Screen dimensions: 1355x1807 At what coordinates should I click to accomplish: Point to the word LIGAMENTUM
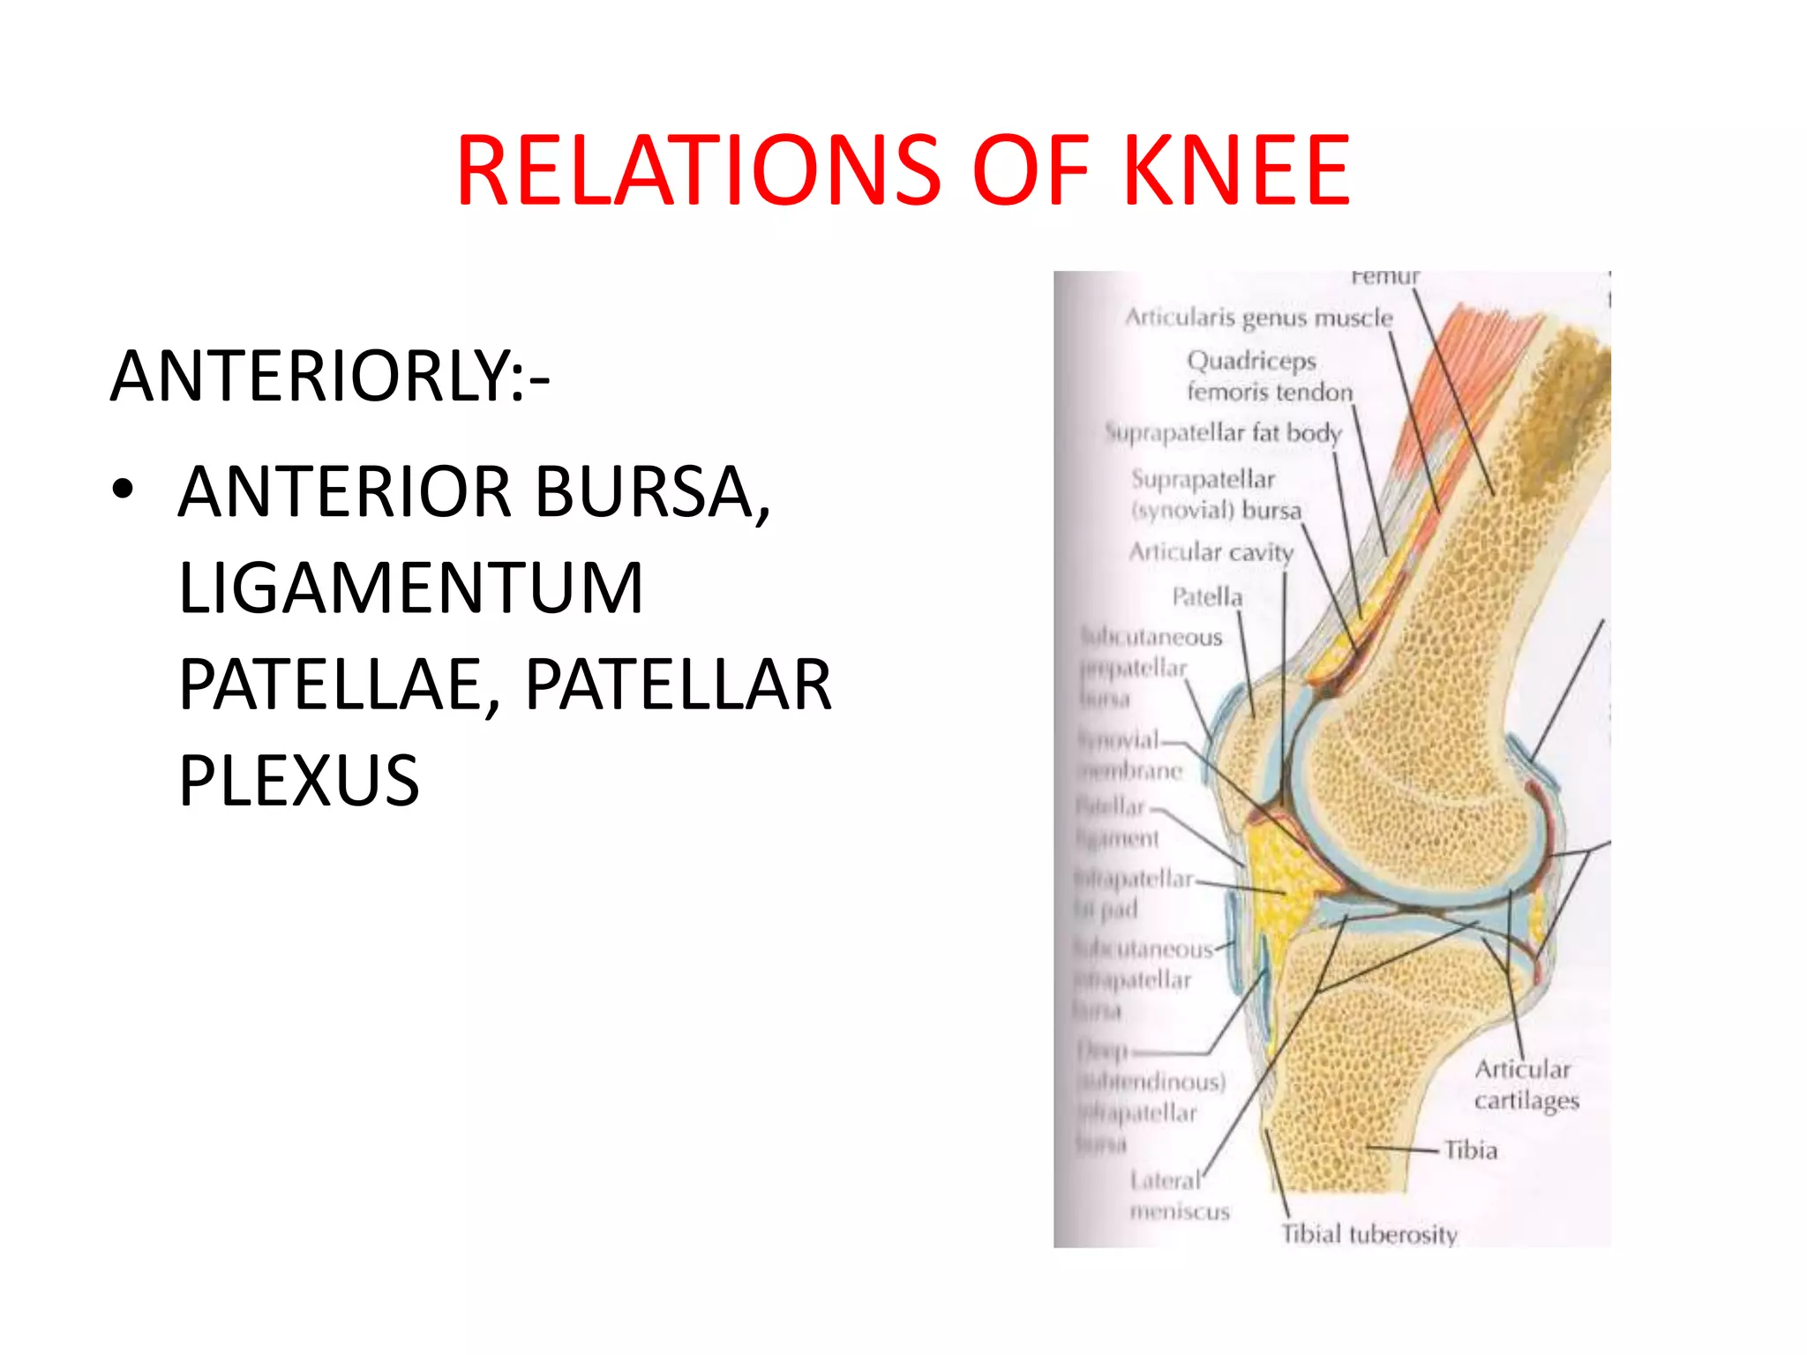pyautogui.click(x=411, y=588)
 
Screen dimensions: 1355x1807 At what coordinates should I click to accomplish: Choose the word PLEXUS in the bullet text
pyautogui.click(x=299, y=780)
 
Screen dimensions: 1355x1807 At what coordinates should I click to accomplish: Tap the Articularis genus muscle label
pyautogui.click(x=1258, y=318)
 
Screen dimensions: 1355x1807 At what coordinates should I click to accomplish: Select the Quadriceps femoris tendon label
pyautogui.click(x=1269, y=376)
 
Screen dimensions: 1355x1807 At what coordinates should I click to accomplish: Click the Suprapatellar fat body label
pyautogui.click(x=1224, y=433)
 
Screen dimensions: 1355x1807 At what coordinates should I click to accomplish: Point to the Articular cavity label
pyautogui.click(x=1211, y=552)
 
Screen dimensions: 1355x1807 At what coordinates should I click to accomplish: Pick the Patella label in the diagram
pyautogui.click(x=1207, y=597)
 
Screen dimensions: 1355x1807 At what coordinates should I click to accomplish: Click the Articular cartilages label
pyautogui.click(x=1526, y=1085)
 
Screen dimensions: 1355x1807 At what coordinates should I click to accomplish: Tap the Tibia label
pyautogui.click(x=1471, y=1150)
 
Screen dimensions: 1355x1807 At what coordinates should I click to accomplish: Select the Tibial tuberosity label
pyautogui.click(x=1368, y=1234)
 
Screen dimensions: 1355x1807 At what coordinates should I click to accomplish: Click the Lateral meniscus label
pyautogui.click(x=1179, y=1196)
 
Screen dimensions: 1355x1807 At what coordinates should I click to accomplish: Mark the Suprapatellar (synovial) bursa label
pyautogui.click(x=1216, y=495)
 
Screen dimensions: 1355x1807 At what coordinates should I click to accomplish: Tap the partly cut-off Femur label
pyautogui.click(x=1385, y=277)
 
